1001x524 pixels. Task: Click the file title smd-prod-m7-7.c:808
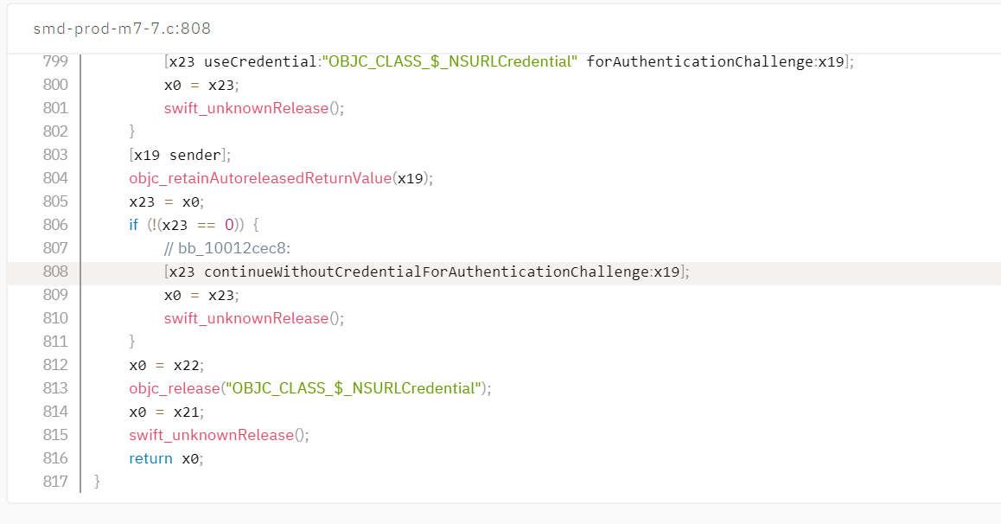122,29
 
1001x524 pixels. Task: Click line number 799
55,61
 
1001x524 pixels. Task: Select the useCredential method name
260,61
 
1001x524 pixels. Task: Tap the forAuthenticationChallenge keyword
699,61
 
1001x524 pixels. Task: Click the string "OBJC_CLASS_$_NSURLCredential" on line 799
449,61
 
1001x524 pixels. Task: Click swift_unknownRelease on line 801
246,108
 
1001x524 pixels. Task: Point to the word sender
194,155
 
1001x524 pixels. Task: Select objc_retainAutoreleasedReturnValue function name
260,178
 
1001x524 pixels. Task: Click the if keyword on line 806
133,225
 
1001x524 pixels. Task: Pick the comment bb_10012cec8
227,248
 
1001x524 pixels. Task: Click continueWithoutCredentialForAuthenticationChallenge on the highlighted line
426,272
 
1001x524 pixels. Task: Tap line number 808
55,272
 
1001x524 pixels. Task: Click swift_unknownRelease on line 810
246,318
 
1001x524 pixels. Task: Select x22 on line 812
187,365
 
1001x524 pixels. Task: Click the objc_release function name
175,389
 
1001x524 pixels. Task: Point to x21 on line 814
187,412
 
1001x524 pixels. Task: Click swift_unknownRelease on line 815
211,435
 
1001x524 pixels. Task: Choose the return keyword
150,459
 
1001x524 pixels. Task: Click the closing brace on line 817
97,482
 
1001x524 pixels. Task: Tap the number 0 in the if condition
229,225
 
